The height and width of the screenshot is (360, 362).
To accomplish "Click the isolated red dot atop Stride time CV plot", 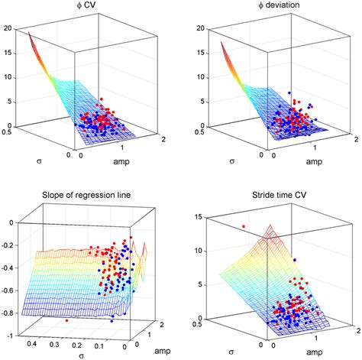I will point(244,226).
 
